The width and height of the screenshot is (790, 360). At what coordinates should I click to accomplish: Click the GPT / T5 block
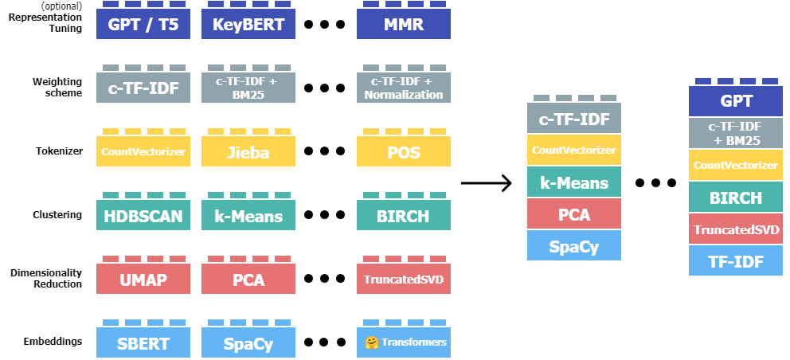(143, 24)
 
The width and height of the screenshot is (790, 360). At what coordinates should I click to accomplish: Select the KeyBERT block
(248, 24)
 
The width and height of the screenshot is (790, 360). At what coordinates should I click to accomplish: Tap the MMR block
(404, 24)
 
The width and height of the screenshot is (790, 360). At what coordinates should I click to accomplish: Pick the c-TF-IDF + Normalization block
(404, 88)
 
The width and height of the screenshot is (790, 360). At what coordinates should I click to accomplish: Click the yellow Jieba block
(248, 151)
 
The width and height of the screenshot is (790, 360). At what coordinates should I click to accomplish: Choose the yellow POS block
(404, 151)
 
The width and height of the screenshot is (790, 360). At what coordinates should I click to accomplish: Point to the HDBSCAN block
(143, 215)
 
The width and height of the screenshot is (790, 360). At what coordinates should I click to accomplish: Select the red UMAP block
(143, 279)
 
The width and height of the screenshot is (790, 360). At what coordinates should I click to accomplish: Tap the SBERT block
(143, 342)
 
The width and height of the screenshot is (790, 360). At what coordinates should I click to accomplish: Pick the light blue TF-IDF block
(736, 260)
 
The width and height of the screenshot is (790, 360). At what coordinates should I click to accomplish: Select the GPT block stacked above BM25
(736, 101)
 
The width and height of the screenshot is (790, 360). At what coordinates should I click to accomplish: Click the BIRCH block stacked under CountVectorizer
(736, 197)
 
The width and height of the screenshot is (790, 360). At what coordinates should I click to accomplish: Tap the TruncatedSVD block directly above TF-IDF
(736, 229)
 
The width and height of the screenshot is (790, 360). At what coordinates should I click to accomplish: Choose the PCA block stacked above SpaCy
(574, 213)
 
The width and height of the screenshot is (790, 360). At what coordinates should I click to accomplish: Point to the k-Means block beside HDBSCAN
(248, 215)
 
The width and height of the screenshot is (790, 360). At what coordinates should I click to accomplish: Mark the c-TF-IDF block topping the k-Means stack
(574, 119)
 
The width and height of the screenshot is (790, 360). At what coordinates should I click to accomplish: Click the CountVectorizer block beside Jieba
(143, 151)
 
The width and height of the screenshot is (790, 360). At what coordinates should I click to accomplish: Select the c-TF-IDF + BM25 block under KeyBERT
(248, 88)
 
